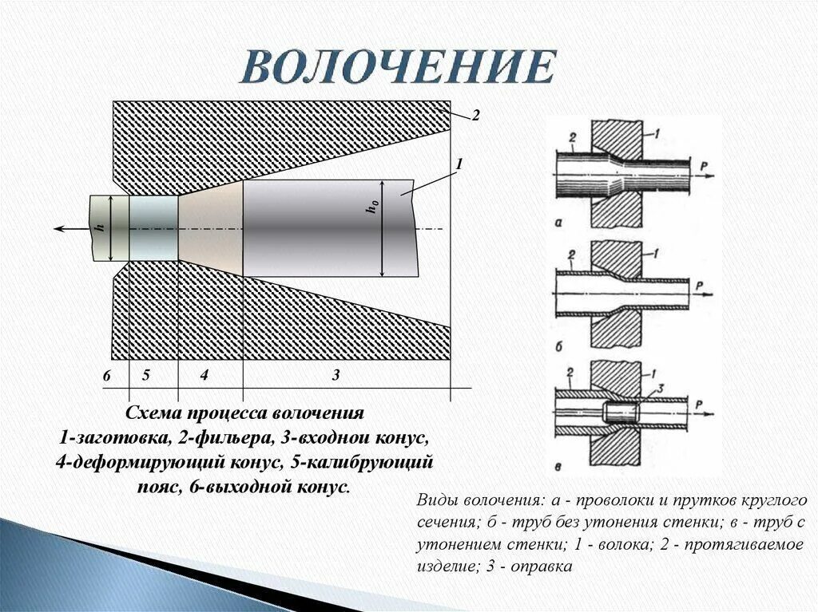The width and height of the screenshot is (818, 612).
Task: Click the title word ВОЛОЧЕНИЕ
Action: pyautogui.click(x=398, y=67)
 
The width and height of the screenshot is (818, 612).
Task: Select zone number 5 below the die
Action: pyautogui.click(x=146, y=374)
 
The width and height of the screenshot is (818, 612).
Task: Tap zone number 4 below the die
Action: pyautogui.click(x=204, y=374)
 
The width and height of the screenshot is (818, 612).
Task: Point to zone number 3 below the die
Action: pyautogui.click(x=336, y=374)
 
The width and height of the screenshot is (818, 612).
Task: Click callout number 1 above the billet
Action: pyautogui.click(x=459, y=164)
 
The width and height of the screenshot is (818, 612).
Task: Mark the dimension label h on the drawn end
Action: pyautogui.click(x=100, y=227)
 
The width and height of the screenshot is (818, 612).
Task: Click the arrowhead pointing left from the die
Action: pyautogui.click(x=60, y=229)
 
